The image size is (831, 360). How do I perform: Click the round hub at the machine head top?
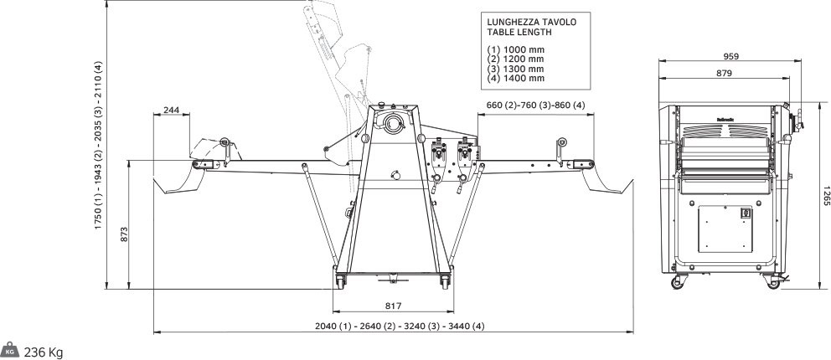click(x=391, y=124)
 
